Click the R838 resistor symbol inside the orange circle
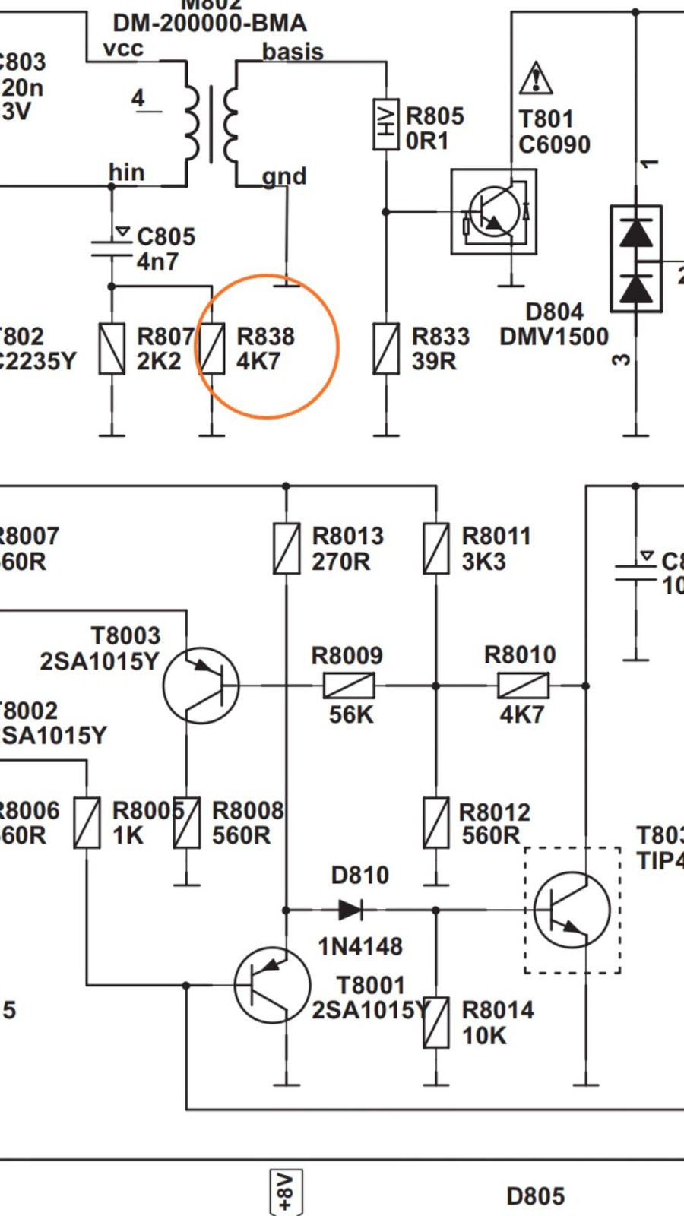click(212, 349)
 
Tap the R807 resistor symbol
click(112, 349)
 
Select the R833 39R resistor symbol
click(386, 349)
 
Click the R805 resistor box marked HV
click(386, 124)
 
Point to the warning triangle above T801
click(536, 78)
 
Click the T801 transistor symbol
click(494, 211)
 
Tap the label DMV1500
click(554, 336)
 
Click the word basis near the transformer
click(293, 52)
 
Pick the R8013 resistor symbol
click(287, 548)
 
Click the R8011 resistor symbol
click(436, 548)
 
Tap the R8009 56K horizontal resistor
click(349, 686)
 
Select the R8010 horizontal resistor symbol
click(523, 686)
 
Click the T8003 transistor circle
click(201, 686)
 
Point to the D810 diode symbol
click(350, 909)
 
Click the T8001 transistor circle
click(272, 985)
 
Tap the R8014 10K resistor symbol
click(436, 1023)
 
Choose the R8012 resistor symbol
click(436, 822)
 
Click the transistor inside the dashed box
click(572, 910)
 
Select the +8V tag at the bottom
click(286, 1192)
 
